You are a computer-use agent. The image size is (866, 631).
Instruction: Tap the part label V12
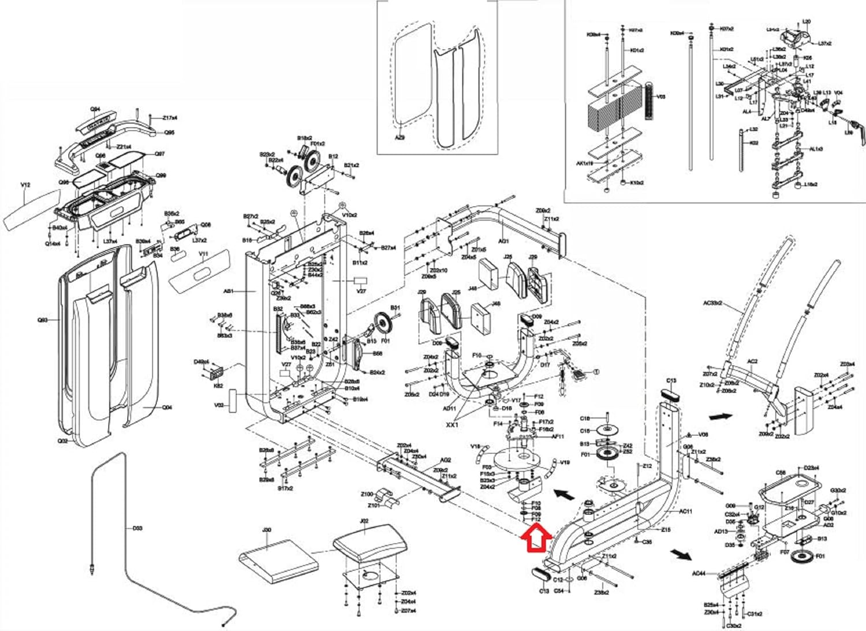coord(25,185)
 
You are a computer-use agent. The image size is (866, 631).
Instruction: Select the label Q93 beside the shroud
coord(43,320)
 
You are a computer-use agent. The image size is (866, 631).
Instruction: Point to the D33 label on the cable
coord(137,528)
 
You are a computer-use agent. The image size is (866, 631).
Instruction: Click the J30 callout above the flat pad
coord(267,530)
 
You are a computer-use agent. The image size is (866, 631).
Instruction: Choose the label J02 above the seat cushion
coord(364,521)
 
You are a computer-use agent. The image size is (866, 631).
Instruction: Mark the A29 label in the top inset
coord(400,138)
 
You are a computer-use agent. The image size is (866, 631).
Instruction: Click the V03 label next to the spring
coord(661,96)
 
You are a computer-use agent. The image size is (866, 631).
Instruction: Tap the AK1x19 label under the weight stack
coord(584,163)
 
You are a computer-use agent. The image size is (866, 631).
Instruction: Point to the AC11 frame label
coord(685,511)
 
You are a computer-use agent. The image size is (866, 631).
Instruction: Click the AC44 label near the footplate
coord(699,574)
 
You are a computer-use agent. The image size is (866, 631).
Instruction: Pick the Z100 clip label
coord(367,494)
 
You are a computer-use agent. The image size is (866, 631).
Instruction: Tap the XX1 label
coord(452,425)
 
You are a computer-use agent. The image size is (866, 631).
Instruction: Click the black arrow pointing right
coord(720,416)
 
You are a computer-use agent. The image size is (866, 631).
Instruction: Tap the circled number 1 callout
coord(596,372)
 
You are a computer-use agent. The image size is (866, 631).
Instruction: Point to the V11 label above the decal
coord(203,254)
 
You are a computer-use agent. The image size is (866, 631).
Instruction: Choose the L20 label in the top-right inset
coord(807,22)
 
